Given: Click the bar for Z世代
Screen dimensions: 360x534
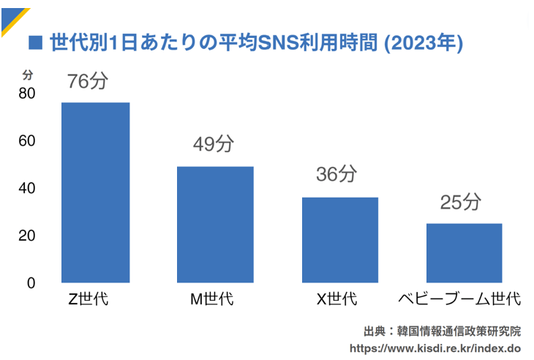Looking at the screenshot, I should point(95,192).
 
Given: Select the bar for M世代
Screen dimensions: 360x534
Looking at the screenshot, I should point(215,225).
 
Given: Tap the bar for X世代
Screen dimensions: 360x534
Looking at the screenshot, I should point(340,240).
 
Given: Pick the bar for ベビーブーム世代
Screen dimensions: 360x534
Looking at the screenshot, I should point(464,253).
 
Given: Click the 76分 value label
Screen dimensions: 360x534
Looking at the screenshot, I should point(87,81).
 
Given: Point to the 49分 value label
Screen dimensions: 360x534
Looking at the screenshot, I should point(213,144).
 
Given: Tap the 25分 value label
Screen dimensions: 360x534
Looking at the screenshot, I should point(462,201).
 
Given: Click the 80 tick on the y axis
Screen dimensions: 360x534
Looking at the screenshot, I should point(27,94).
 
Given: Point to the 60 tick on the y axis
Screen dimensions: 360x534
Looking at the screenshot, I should point(27,140).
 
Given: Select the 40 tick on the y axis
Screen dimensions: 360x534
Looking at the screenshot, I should point(27,188).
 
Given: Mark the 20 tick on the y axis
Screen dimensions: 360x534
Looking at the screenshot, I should point(27,236).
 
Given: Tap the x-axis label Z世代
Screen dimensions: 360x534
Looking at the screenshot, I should point(88,299).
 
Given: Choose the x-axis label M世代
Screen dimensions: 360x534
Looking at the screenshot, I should point(212,299).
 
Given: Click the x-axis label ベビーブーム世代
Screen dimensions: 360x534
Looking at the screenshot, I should point(460,299).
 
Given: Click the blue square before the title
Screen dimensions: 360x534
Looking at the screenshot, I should point(34,42).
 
